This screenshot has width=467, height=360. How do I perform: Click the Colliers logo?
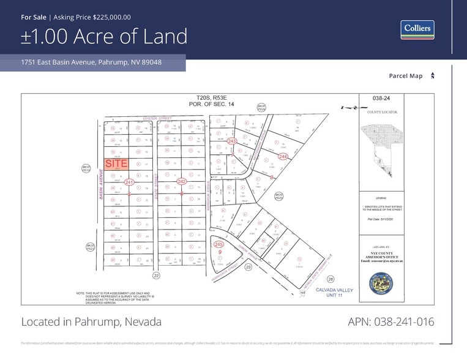[417, 29]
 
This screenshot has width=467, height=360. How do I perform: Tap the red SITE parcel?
[116, 164]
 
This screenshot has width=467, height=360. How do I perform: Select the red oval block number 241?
[129, 182]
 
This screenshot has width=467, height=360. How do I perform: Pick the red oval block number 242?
[181, 182]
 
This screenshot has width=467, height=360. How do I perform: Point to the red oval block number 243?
[231, 141]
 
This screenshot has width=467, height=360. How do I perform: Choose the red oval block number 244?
[283, 157]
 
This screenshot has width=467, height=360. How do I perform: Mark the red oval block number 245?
[219, 244]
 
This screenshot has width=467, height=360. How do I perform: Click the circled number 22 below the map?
[156, 277]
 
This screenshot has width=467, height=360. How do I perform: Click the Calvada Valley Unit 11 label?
[334, 293]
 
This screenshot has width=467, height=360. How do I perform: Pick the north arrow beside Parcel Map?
[433, 76]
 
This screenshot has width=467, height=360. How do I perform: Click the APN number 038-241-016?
[391, 322]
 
